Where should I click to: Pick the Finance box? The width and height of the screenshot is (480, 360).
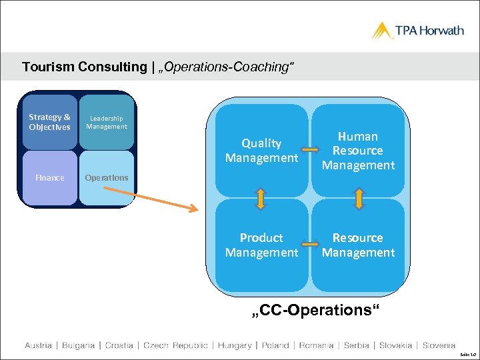(50, 178)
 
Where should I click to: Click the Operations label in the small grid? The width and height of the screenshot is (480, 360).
(107, 178)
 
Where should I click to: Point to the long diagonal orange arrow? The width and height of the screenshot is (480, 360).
(153, 197)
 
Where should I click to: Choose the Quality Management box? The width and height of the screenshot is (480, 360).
(261, 151)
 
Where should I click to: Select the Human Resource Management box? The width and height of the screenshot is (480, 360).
(359, 151)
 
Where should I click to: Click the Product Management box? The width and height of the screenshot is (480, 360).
(261, 245)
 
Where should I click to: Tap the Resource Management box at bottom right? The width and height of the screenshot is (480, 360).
(359, 245)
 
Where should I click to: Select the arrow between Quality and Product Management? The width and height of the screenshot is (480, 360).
(261, 198)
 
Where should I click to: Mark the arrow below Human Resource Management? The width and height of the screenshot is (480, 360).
(359, 198)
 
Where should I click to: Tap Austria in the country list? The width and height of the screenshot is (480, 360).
(38, 345)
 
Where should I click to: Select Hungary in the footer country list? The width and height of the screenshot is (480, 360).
(234, 345)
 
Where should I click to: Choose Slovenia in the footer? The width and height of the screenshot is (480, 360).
(439, 345)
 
